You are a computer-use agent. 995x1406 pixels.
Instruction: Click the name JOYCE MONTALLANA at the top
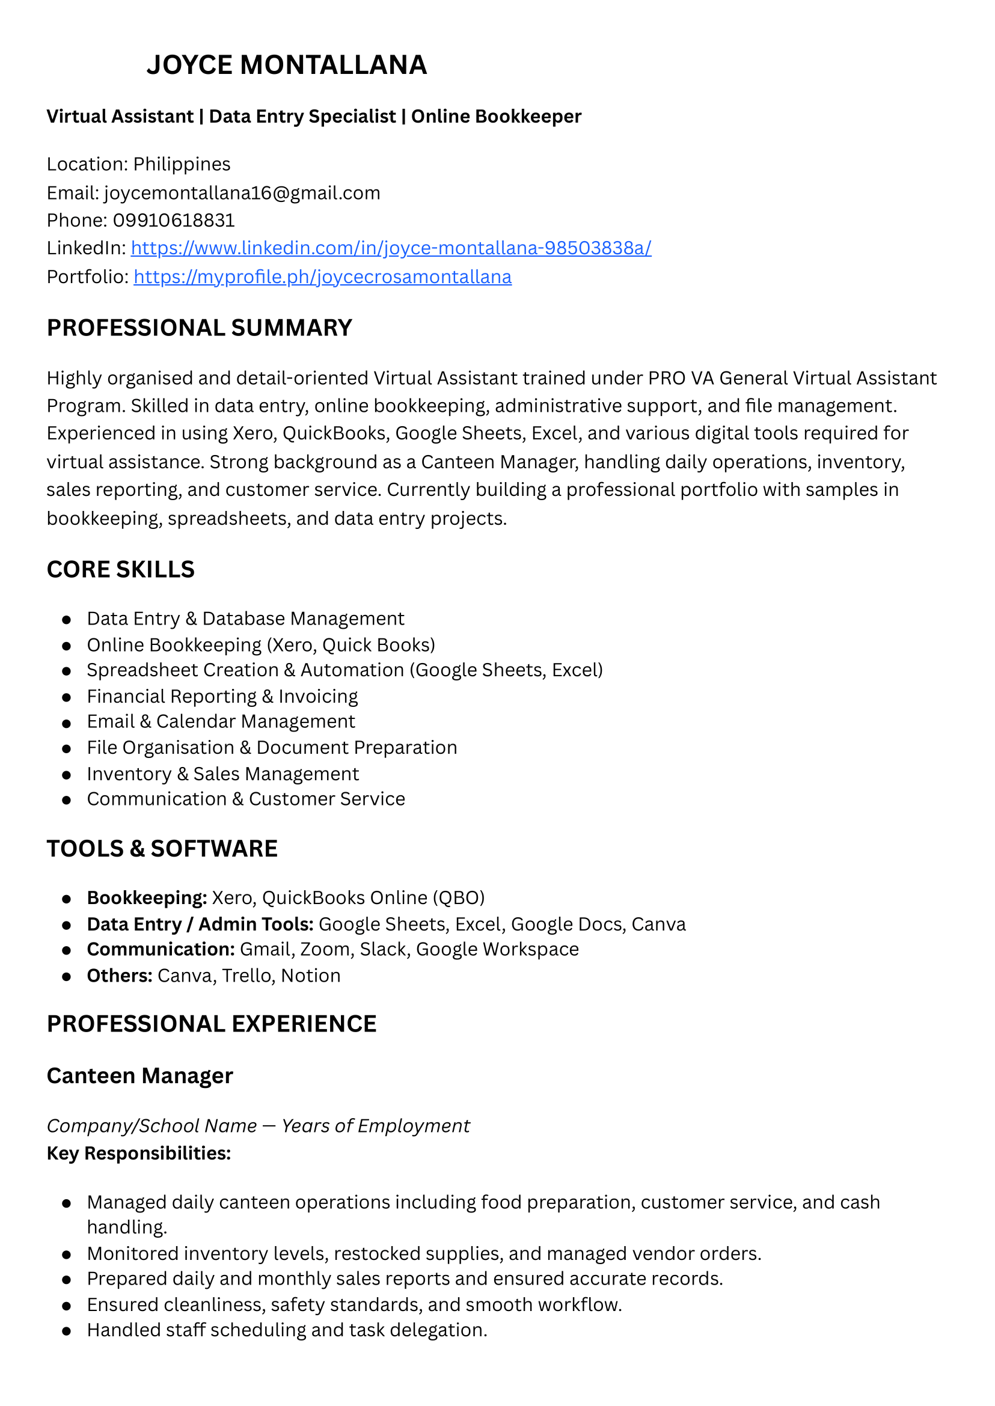pos(286,66)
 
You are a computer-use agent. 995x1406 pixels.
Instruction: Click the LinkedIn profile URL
pos(391,248)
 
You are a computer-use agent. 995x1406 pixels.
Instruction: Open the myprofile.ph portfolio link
pos(322,277)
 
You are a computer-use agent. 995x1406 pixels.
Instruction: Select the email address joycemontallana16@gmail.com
pos(242,194)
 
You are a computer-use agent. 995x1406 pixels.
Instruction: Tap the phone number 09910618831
pos(174,221)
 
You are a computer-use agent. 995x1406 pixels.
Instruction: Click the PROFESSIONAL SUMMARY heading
pos(199,328)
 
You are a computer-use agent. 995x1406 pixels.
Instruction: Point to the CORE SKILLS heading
pos(121,570)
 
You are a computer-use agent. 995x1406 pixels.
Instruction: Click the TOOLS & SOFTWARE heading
pos(162,849)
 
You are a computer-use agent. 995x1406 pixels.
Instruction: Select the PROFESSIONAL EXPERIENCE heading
pos(212,1024)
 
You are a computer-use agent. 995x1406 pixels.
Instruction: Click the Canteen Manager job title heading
pos(139,1077)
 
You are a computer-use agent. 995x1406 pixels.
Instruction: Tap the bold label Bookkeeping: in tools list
pos(147,898)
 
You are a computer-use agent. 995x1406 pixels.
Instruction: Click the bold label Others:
pos(120,976)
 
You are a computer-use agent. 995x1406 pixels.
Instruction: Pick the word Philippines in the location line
pos(182,165)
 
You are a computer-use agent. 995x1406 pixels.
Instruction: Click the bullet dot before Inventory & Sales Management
pos(67,775)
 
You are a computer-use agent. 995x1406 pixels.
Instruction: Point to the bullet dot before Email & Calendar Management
pos(67,723)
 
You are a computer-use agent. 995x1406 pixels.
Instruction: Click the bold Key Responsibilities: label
pos(138,1154)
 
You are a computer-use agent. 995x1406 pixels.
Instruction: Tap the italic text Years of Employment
pos(376,1126)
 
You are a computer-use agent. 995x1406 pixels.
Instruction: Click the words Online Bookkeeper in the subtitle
pos(495,117)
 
